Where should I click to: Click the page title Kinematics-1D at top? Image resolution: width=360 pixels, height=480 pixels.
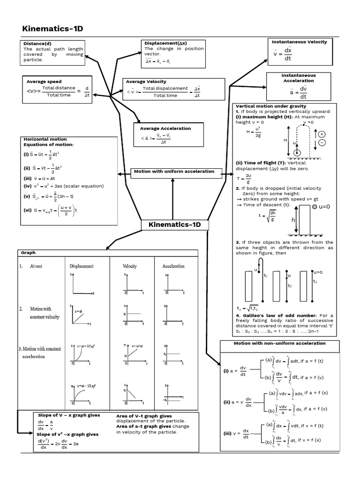(52, 29)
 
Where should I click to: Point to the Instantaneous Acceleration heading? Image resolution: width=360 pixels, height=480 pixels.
(298, 78)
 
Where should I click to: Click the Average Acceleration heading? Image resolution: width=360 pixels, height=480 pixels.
(163, 128)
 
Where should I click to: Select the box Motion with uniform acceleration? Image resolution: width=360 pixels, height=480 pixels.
(174, 172)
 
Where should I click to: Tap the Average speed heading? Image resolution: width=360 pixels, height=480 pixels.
(44, 82)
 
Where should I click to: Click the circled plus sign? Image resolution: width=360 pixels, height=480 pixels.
(322, 134)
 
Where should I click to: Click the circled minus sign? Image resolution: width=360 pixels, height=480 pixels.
(322, 142)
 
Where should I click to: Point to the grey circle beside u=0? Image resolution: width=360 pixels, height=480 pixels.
(315, 206)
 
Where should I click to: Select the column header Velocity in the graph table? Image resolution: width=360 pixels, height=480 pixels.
(130, 266)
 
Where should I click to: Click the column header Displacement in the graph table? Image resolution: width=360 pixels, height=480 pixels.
(81, 266)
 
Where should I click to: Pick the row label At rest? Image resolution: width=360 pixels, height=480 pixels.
(36, 266)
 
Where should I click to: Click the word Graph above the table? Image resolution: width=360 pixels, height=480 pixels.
(29, 253)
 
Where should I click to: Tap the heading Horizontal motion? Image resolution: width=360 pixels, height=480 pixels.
(45, 139)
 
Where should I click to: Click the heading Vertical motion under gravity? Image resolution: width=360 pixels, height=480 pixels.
(270, 106)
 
